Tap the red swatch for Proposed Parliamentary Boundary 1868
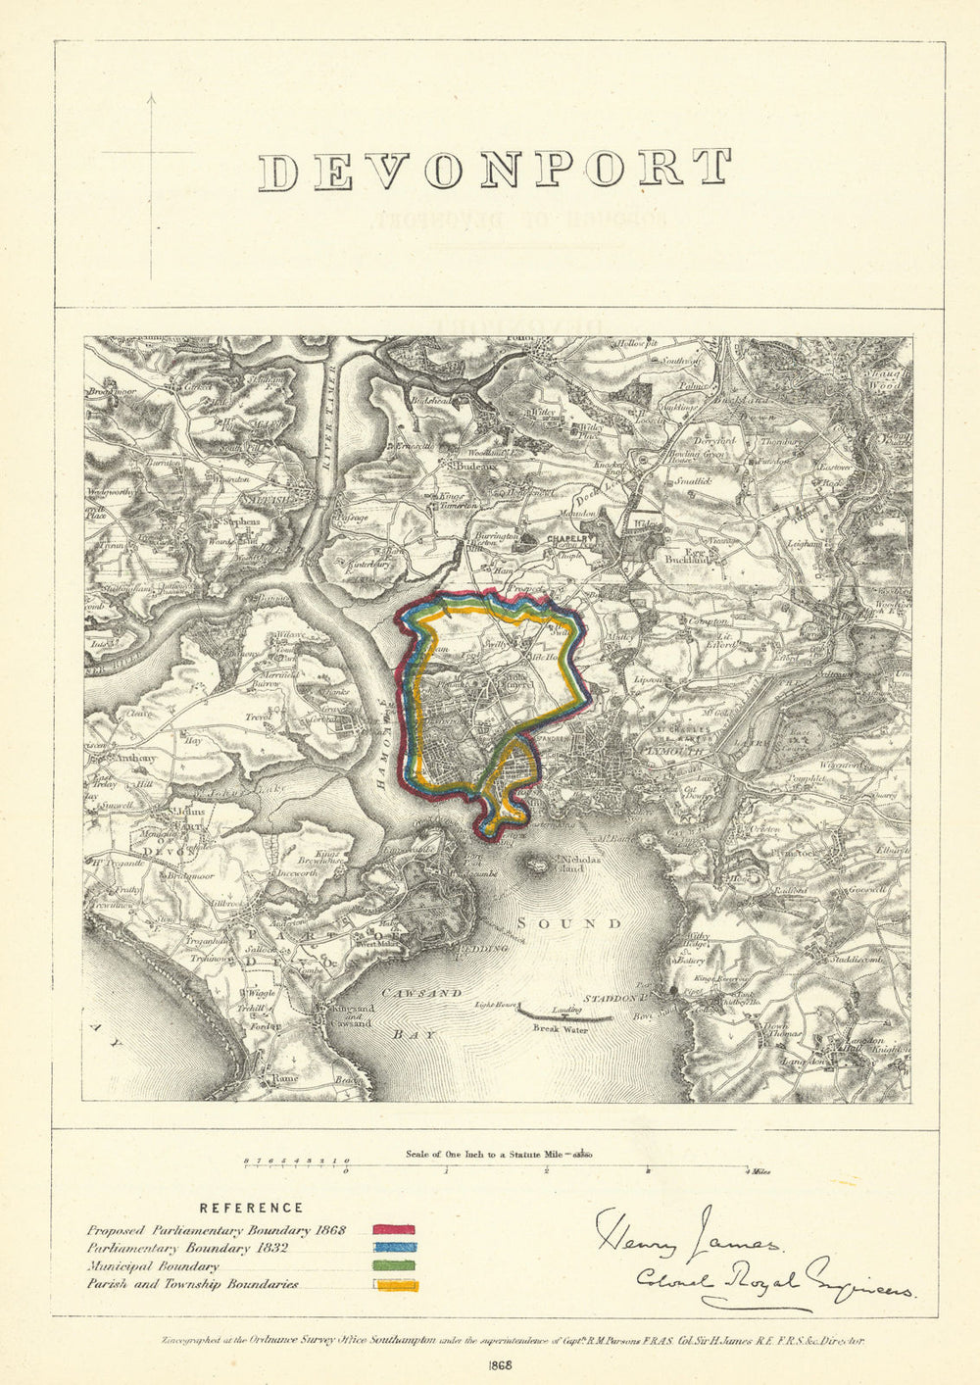pyautogui.click(x=393, y=1229)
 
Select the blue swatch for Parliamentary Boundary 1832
pyautogui.click(x=393, y=1248)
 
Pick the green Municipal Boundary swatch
pyautogui.click(x=393, y=1266)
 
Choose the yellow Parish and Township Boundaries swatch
pyautogui.click(x=393, y=1285)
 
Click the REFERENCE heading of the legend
pyautogui.click(x=251, y=1209)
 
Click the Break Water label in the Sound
pyautogui.click(x=556, y=1029)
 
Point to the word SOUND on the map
pyautogui.click(x=568, y=923)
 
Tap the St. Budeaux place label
pyautogui.click(x=468, y=467)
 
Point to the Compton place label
pyautogui.click(x=709, y=621)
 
